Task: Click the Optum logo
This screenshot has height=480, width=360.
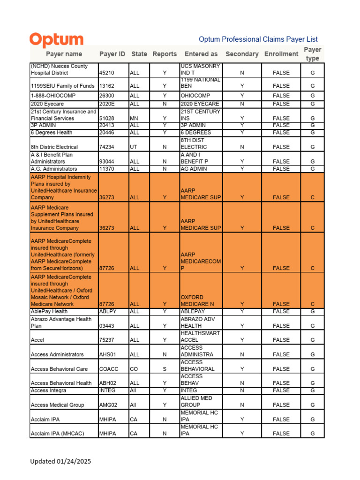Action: tap(56, 40)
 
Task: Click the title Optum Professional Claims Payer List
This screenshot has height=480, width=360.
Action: tap(258, 39)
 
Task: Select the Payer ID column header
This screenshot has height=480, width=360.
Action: tap(112, 54)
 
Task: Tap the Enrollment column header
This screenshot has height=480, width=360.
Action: tap(281, 54)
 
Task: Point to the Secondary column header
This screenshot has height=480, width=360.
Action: tap(242, 54)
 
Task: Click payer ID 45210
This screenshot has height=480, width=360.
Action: tap(107, 73)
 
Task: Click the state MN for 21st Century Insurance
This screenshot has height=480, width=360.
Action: tap(134, 119)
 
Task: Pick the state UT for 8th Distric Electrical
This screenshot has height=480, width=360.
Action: tap(133, 147)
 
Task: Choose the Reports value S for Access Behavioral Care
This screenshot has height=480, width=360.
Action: tap(165, 369)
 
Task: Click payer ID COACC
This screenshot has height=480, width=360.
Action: tap(108, 369)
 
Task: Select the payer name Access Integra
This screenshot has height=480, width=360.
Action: tap(48, 390)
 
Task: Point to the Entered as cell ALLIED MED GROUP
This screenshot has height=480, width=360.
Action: tap(196, 401)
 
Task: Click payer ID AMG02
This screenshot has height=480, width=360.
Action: tap(108, 405)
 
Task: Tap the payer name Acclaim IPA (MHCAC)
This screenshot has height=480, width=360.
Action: tap(57, 434)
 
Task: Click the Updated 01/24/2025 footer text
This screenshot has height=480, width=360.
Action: tap(60, 461)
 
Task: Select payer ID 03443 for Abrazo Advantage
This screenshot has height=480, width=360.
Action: tap(107, 326)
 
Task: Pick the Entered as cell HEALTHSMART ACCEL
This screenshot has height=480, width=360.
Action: tap(200, 337)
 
